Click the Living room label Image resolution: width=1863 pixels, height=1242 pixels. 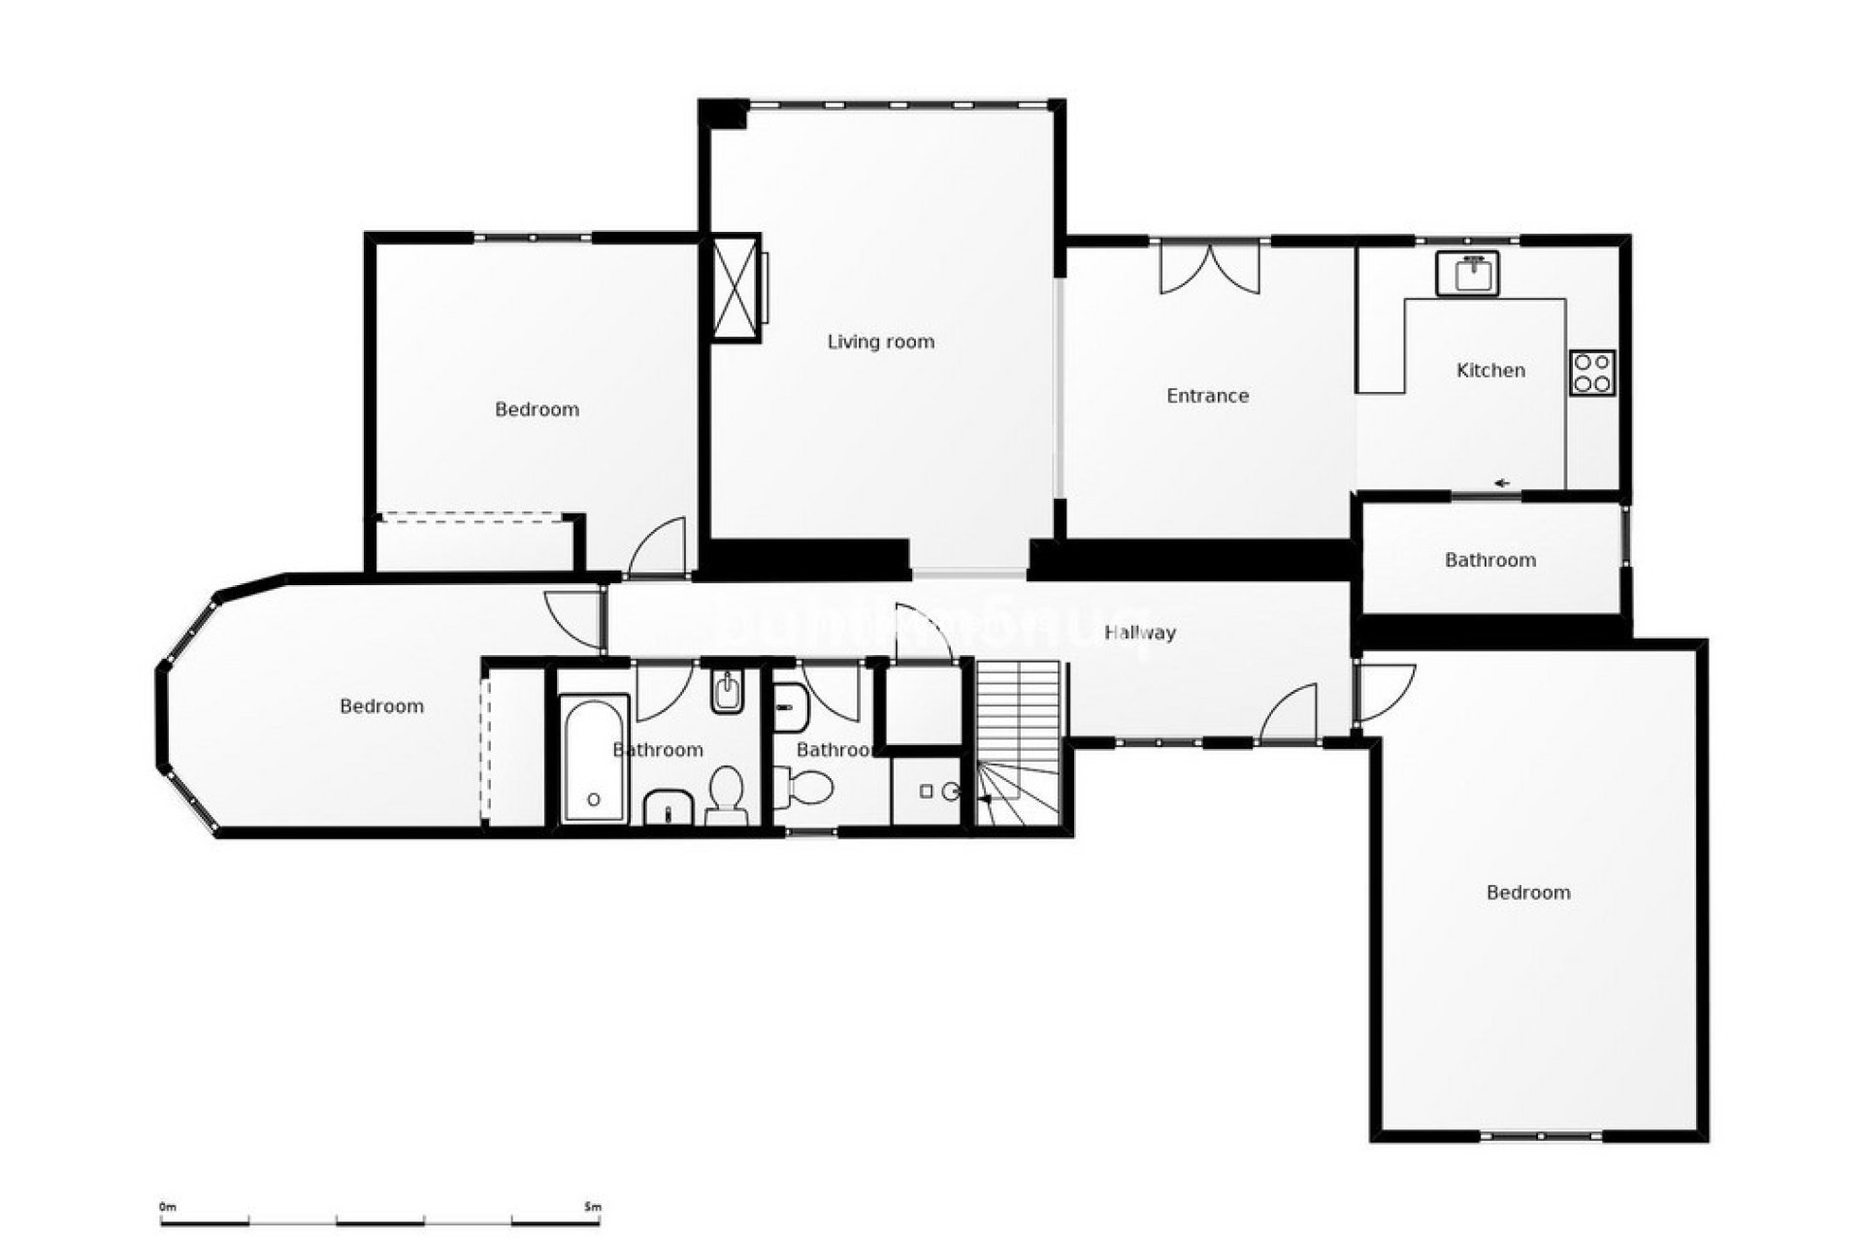pos(880,342)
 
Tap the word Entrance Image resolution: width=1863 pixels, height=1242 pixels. pos(1207,396)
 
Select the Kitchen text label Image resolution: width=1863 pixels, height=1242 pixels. pos(1490,371)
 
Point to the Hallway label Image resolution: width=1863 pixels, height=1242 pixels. pos(1140,633)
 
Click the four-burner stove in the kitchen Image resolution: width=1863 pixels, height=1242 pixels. pos(1592,373)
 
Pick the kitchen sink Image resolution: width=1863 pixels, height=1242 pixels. pos(1468,274)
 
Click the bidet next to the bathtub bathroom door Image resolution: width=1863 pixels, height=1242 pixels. pos(726,692)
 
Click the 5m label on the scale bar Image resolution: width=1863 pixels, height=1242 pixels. pos(593,1207)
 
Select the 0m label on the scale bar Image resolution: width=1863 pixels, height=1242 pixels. pos(167,1207)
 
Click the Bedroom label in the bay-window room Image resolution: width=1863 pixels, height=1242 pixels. pos(381,706)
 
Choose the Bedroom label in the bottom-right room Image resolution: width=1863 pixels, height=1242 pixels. pos(1528,893)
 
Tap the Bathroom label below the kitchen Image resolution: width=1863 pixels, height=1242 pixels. pos(1489,560)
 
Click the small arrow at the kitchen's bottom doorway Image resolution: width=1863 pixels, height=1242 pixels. pos(1503,483)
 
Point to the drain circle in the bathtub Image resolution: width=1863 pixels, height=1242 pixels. pos(593,800)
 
